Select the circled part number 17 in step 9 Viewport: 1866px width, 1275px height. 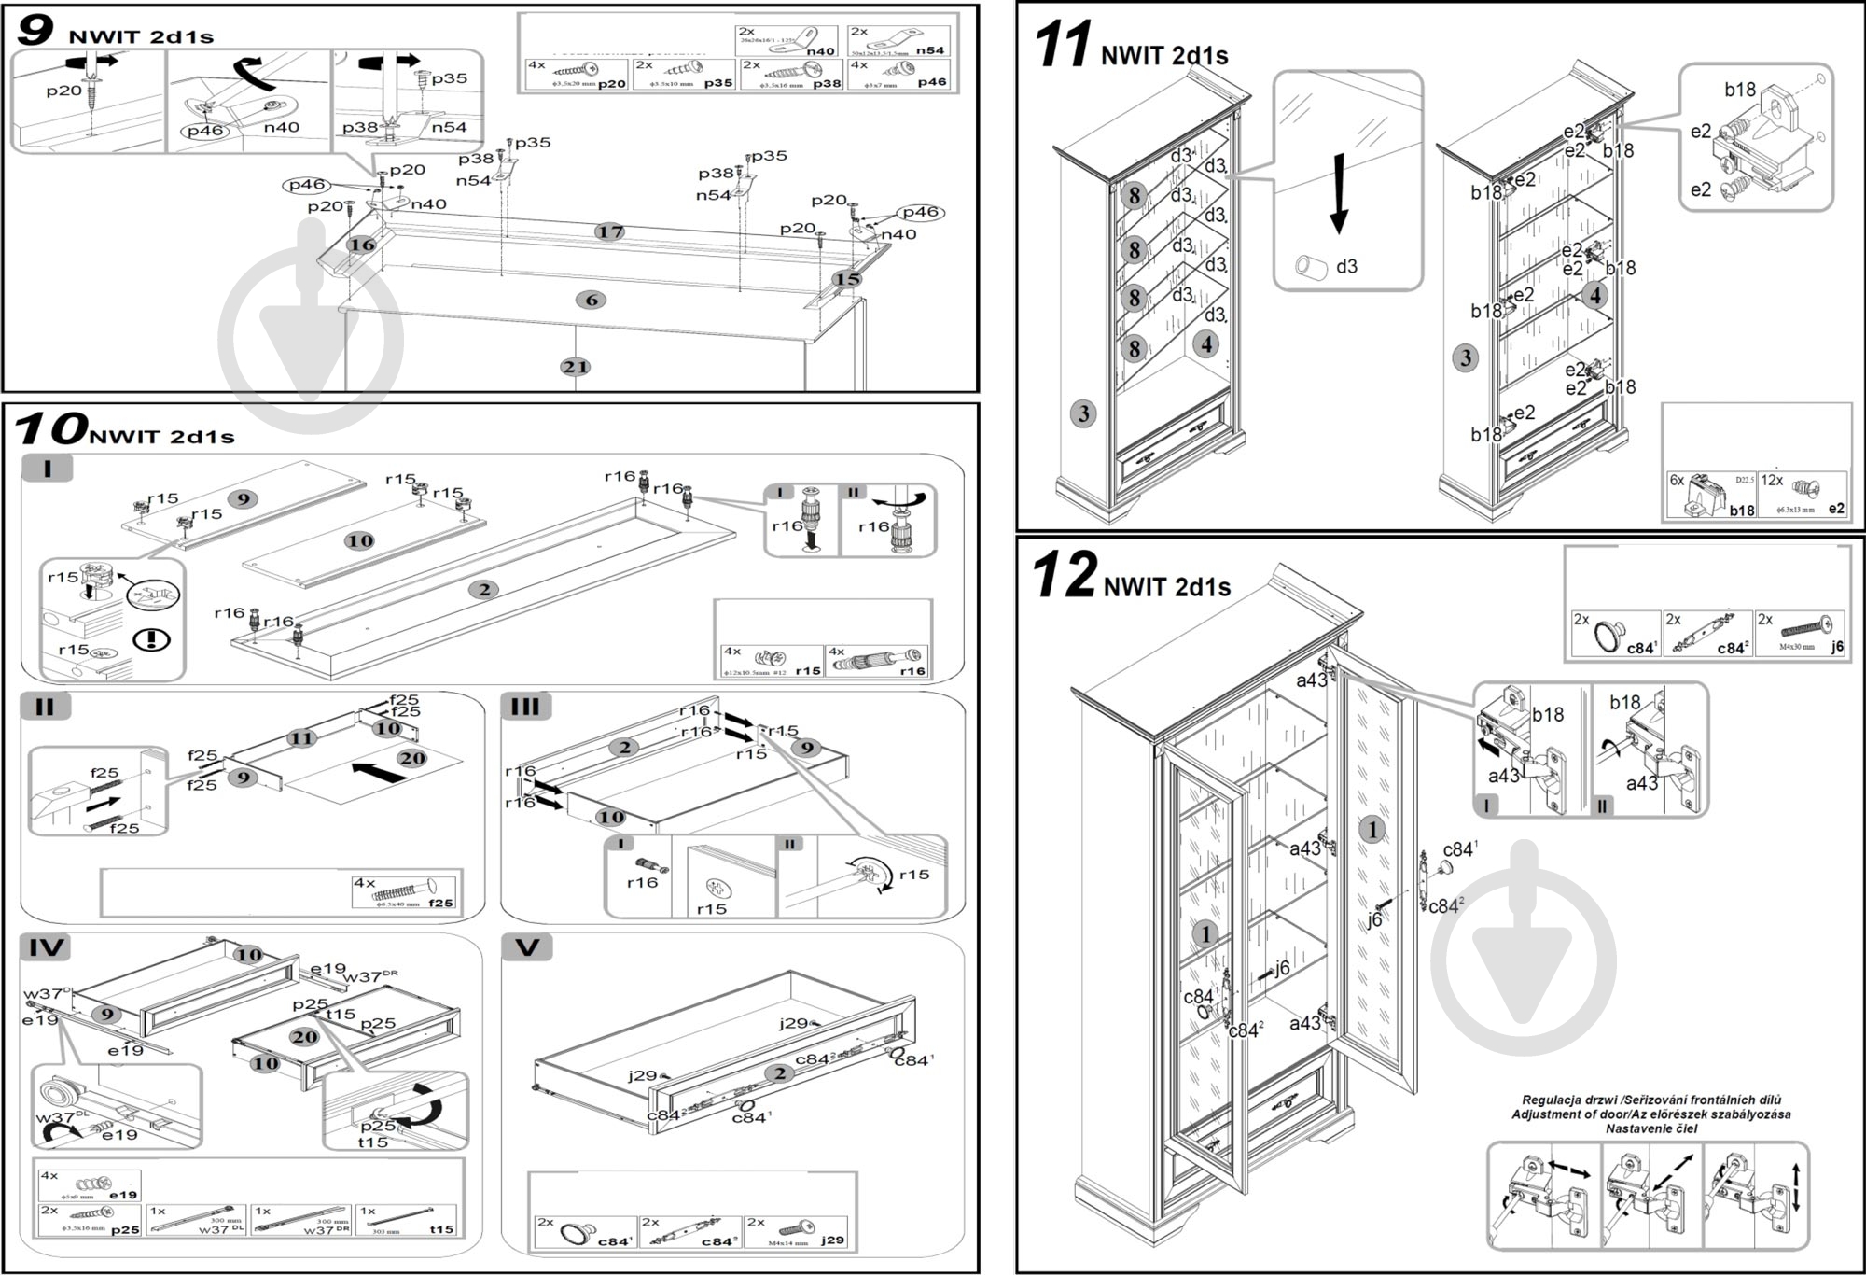click(x=609, y=231)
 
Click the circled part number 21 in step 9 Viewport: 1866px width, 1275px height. click(x=575, y=367)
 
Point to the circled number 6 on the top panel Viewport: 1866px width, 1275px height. click(x=591, y=300)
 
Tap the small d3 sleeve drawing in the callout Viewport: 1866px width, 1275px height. click(x=1312, y=267)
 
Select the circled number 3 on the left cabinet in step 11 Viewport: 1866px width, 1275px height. click(x=1083, y=413)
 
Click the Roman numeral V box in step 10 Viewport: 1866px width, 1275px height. click(x=527, y=947)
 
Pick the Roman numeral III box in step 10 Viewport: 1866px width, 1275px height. click(x=525, y=707)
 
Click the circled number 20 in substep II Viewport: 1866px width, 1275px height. click(x=411, y=758)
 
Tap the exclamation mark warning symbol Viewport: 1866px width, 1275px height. click(x=151, y=640)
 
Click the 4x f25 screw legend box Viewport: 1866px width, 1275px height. click(x=404, y=891)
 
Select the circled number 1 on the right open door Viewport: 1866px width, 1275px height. click(x=1372, y=829)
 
